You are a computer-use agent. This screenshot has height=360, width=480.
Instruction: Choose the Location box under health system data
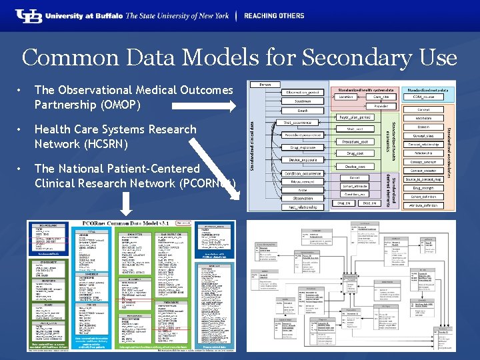tap(346, 97)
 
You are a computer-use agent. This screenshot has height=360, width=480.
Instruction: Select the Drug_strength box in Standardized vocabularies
tap(423, 187)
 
